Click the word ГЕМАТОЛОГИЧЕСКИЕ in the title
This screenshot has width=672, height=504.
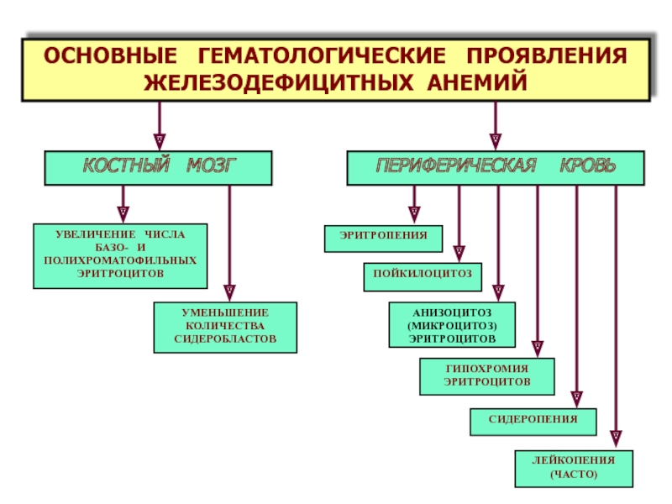point(322,55)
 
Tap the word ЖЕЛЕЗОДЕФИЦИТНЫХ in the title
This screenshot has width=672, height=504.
point(279,82)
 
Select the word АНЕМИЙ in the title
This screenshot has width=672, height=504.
point(477,82)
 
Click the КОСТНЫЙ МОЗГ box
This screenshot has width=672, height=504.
point(158,168)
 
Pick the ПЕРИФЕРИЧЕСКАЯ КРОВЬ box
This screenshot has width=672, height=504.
point(496,168)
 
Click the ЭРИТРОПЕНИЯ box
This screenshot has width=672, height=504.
point(384,239)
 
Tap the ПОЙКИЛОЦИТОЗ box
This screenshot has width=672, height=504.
point(423,277)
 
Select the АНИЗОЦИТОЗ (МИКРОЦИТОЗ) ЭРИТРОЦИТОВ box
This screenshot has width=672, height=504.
point(452,324)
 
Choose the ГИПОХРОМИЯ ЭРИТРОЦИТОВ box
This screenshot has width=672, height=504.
point(487,376)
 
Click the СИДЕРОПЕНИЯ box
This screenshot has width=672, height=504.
point(533,422)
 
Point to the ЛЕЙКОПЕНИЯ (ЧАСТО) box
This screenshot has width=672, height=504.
point(574,469)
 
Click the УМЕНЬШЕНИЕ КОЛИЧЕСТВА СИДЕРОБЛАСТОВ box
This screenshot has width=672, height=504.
point(225,328)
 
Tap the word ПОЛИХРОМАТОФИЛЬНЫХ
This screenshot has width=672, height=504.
point(120,260)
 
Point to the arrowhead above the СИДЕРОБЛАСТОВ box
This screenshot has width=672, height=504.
point(229,293)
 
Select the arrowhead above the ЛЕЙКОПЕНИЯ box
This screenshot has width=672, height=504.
point(616,439)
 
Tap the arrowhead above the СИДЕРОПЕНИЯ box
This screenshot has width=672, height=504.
point(577,399)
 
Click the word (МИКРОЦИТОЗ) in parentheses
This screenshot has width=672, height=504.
point(452,326)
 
